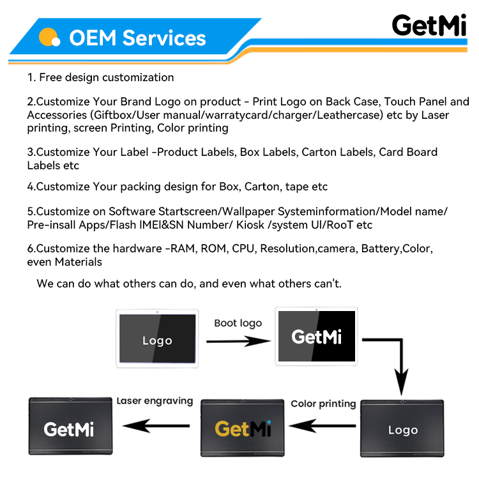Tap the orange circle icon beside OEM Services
[49, 37]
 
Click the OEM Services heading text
[137, 38]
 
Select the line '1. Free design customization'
[100, 78]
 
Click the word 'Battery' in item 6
[381, 249]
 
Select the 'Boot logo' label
[238, 323]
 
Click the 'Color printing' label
[323, 404]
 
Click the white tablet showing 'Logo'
[156, 339]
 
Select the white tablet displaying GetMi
[317, 337]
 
